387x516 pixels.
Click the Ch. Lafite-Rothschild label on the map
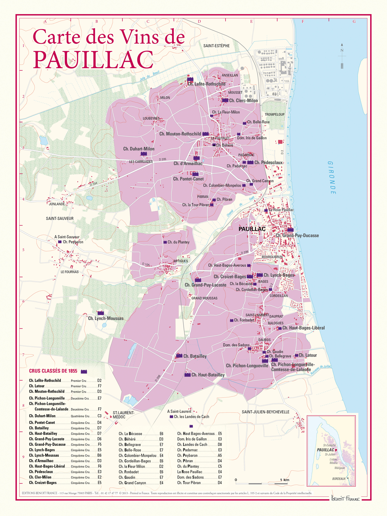click(206, 84)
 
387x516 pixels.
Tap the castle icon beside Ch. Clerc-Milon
click(225, 100)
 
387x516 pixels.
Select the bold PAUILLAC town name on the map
click(252, 229)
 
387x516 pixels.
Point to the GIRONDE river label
click(332, 178)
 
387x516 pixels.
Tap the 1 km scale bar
click(261, 483)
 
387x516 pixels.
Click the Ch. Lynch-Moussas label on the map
click(106, 319)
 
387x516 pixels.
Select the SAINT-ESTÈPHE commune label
click(216, 46)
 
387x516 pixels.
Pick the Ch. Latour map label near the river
click(307, 355)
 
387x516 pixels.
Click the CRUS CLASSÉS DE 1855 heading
click(53, 371)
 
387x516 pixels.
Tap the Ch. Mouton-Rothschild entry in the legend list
click(47, 392)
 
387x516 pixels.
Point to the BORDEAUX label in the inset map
click(339, 479)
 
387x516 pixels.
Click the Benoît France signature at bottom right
click(345, 499)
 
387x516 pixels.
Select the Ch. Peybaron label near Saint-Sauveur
click(73, 242)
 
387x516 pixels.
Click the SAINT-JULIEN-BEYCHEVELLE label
click(265, 412)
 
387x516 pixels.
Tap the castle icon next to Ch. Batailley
click(179, 356)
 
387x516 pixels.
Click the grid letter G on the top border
click(354, 22)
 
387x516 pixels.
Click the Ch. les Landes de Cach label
click(191, 417)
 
